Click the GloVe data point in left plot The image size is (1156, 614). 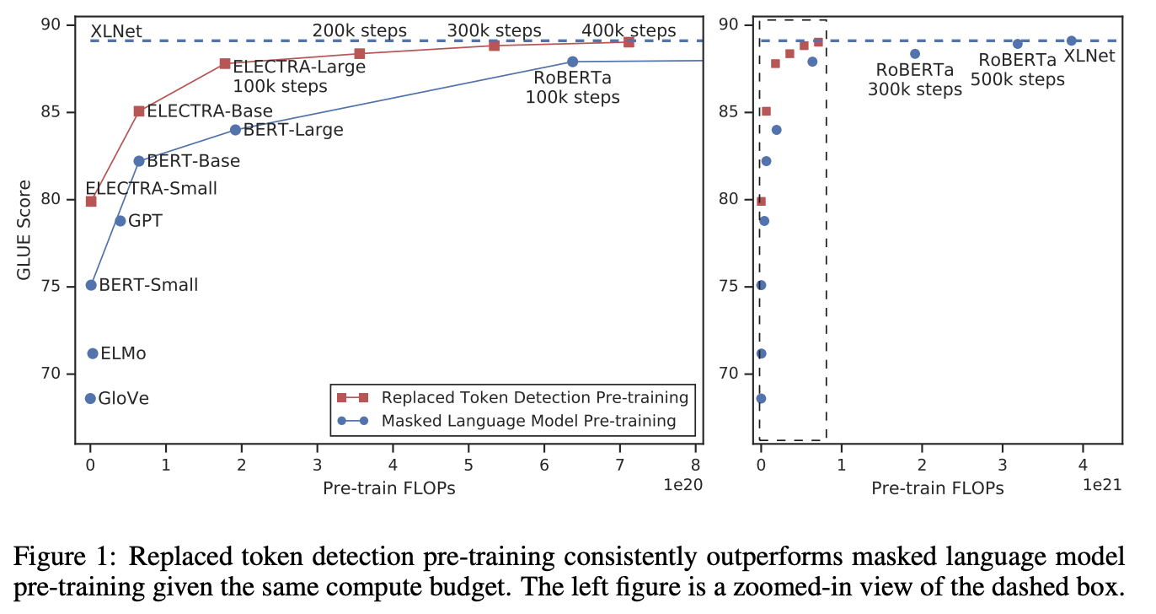click(x=90, y=398)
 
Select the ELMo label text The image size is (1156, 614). click(x=123, y=353)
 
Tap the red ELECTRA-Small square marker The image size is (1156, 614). click(x=91, y=201)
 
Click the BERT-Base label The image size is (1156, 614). click(x=193, y=161)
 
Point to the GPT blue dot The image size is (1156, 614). click(x=120, y=221)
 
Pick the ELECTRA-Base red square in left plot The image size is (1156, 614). click(x=139, y=111)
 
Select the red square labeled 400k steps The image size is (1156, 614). click(x=629, y=42)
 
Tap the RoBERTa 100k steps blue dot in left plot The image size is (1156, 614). click(x=572, y=62)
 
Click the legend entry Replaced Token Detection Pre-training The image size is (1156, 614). click(x=534, y=397)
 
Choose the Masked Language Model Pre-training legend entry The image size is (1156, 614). click(x=528, y=420)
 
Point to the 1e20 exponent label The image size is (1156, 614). click(x=683, y=485)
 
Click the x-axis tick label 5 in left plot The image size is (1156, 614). click(x=468, y=465)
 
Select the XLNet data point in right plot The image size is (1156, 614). click(x=1071, y=40)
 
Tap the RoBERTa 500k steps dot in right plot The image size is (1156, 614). click(x=1017, y=44)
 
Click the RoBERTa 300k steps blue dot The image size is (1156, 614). click(x=915, y=54)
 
